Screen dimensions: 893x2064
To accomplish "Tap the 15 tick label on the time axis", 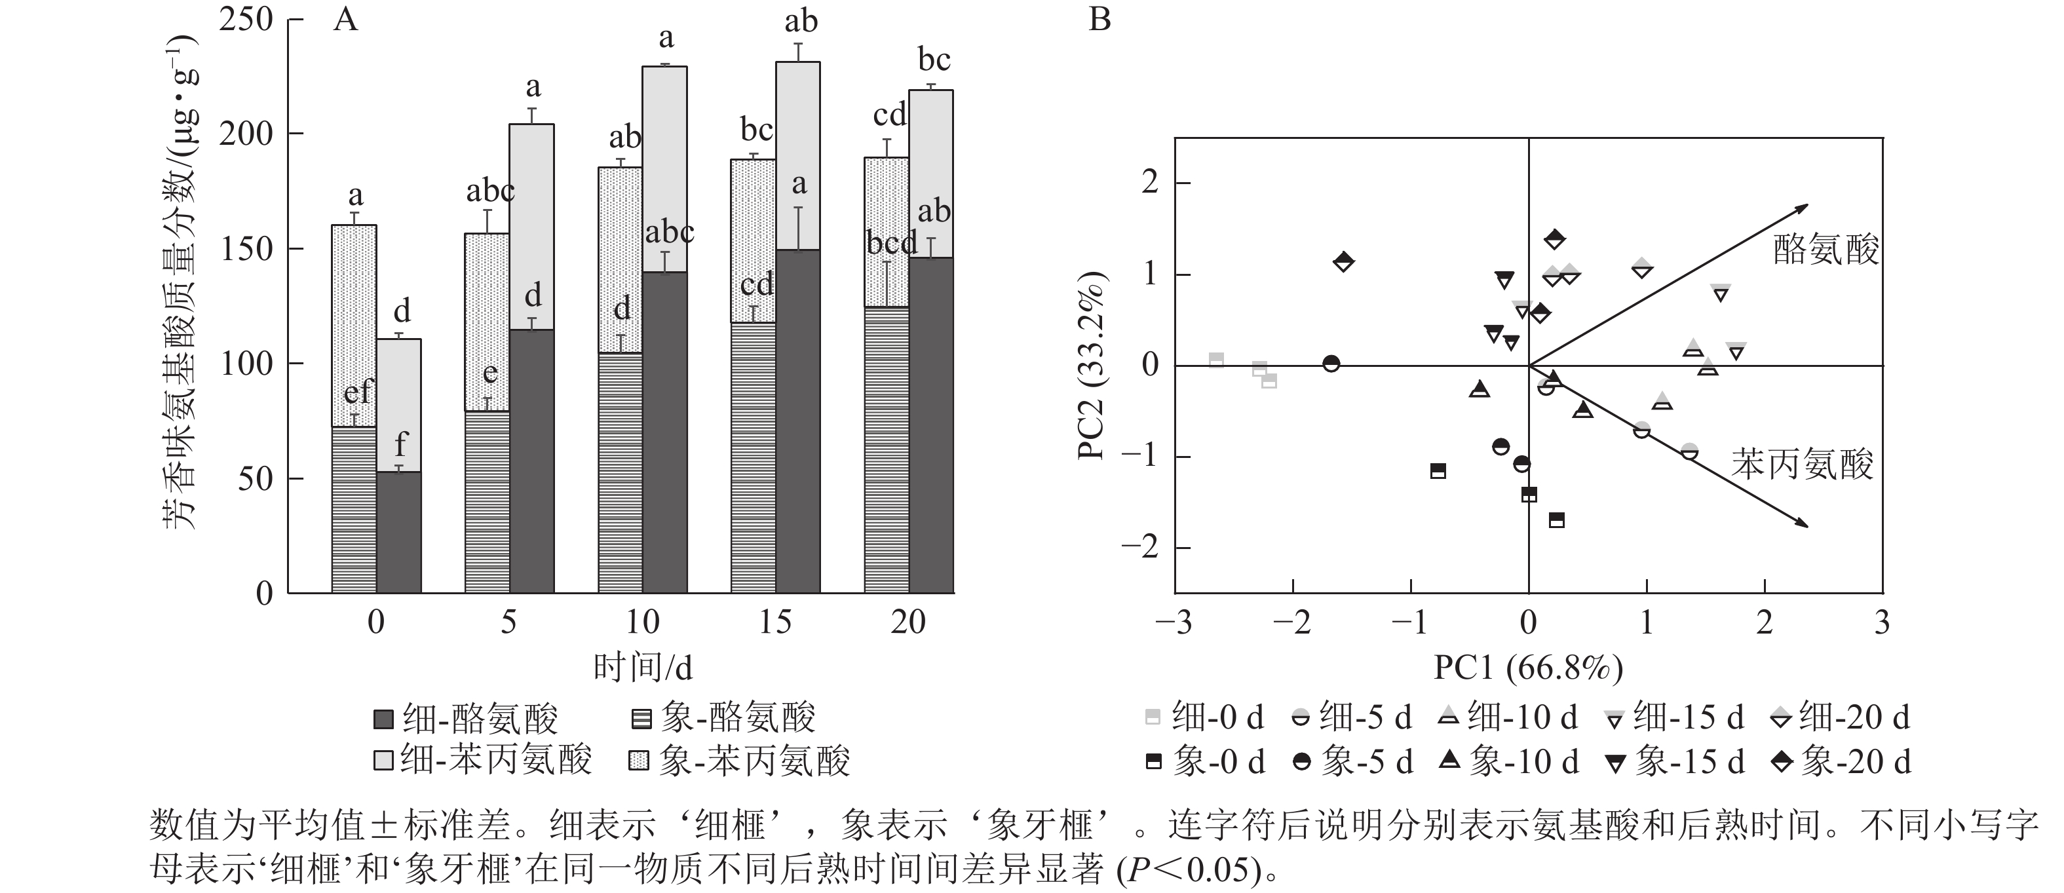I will [774, 622].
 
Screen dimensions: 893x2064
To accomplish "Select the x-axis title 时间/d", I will [643, 667].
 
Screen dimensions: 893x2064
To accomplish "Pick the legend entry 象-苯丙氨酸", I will [740, 760].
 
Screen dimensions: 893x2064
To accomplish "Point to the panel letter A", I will [345, 19].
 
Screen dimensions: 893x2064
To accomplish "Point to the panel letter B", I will [1099, 19].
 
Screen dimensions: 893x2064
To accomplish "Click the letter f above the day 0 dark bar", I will [400, 444].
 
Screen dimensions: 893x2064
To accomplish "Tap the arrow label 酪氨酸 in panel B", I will [1825, 251].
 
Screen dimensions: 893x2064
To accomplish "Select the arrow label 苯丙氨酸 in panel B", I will [1803, 465].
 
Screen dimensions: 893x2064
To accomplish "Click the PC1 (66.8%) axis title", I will [1528, 667].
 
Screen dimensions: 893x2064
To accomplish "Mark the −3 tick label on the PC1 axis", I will [1174, 622].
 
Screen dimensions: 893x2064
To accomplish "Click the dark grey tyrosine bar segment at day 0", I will [399, 533].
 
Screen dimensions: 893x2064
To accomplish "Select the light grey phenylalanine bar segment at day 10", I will [664, 169].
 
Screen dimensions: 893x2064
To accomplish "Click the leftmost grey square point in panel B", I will [1216, 360].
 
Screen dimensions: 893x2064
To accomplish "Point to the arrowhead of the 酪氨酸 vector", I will [1806, 206].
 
